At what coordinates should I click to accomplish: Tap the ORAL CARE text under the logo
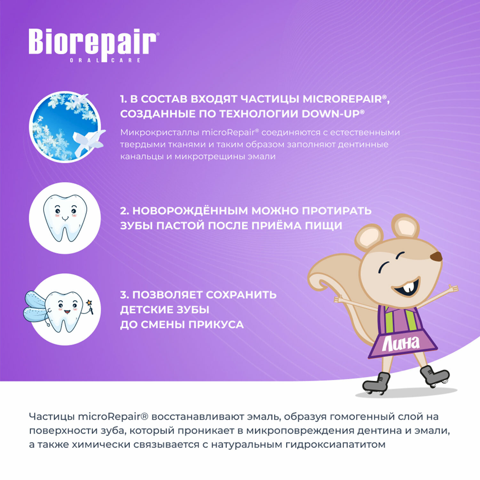(105, 60)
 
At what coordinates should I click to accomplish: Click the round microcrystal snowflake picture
(66, 127)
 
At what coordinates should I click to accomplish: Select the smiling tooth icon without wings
(65, 218)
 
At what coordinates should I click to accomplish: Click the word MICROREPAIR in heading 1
(342, 99)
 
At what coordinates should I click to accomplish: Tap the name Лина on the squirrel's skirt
(401, 343)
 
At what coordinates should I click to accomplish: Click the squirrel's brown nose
(436, 256)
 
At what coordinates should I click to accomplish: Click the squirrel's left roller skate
(377, 383)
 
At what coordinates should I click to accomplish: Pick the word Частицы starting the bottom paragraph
(52, 417)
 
